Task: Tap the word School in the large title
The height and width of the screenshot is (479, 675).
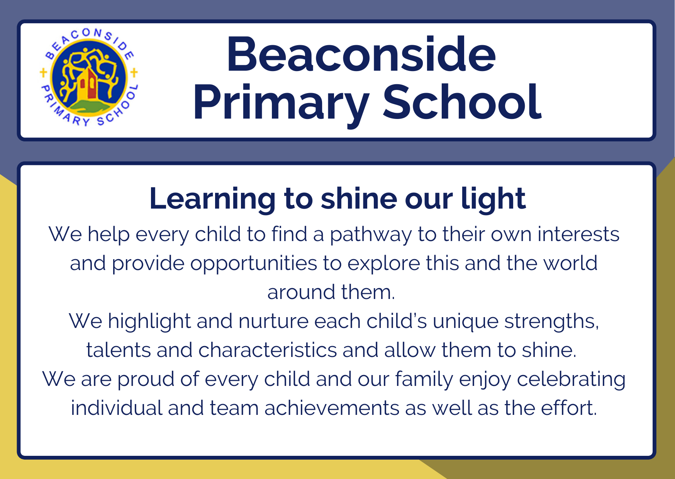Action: [462, 102]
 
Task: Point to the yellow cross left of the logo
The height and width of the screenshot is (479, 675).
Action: [43, 72]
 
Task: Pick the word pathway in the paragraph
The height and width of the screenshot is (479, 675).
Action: [371, 235]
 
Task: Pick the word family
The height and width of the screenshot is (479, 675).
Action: [424, 380]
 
